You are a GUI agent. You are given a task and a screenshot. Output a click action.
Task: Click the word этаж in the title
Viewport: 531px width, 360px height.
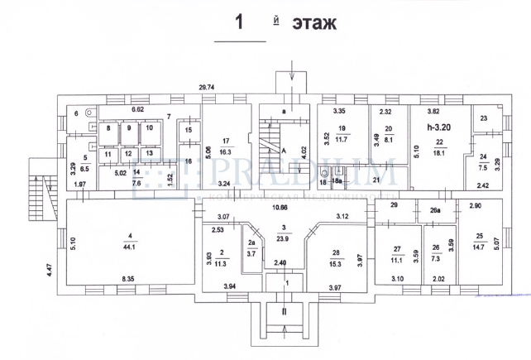313,24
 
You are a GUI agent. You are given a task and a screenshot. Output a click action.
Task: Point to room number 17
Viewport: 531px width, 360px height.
225,141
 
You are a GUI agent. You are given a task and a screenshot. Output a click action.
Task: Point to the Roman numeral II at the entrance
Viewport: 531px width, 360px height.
284,314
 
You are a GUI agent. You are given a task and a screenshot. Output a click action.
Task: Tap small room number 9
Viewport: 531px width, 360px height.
129,127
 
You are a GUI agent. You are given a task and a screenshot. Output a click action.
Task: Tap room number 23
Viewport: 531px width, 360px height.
484,119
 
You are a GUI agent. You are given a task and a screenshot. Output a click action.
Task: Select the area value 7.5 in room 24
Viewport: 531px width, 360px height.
482,166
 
